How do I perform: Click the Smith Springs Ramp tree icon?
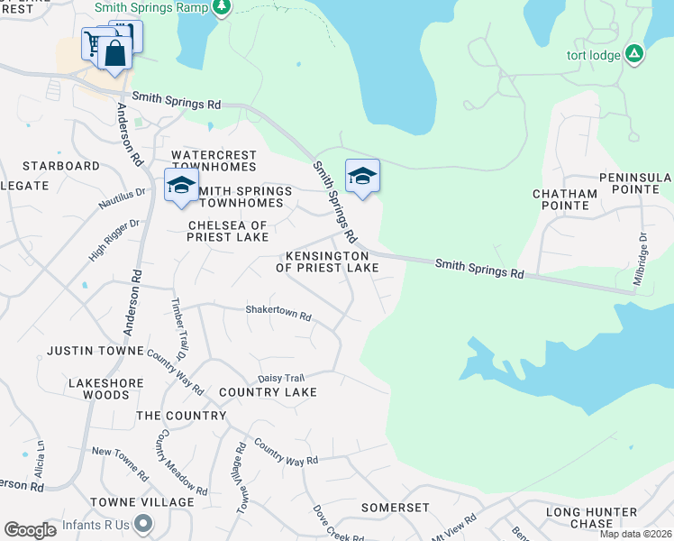tap(222, 7)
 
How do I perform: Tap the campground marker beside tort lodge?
tap(634, 55)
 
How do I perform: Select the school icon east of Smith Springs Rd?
tap(362, 175)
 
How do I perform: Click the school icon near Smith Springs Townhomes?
tap(181, 185)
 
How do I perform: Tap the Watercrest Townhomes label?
tap(214, 161)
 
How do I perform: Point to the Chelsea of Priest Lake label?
tap(228, 231)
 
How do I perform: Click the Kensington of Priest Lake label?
tap(327, 261)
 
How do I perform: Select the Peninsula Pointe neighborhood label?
tap(636, 186)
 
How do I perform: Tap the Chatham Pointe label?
tap(565, 199)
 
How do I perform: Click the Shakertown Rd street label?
tap(278, 316)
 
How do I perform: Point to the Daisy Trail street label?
tap(282, 378)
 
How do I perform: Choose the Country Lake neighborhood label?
tap(268, 392)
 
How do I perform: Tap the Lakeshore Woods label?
tap(106, 389)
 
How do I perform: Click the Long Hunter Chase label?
tap(591, 518)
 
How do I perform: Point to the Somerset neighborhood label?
tap(396, 508)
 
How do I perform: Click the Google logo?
tap(30, 530)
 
